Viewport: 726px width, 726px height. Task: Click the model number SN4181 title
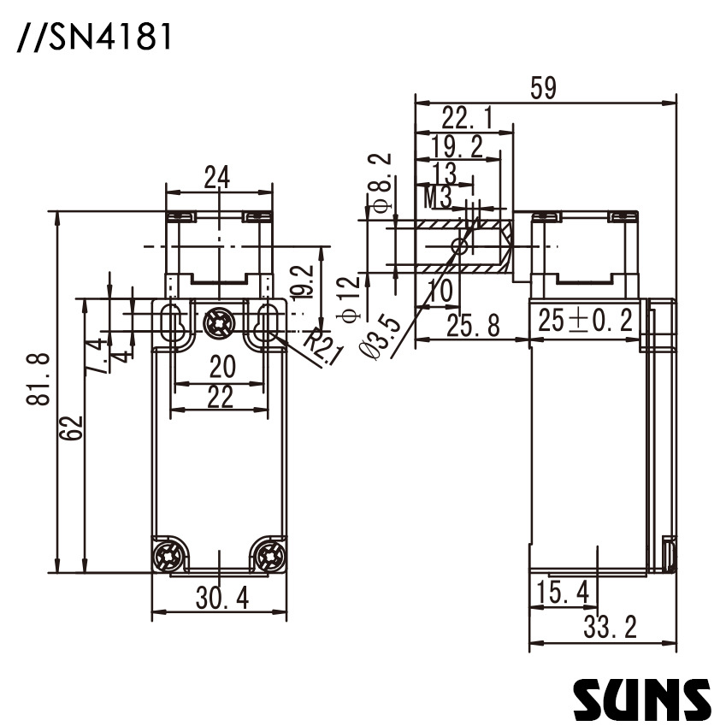click(x=94, y=38)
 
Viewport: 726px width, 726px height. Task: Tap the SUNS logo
click(x=641, y=699)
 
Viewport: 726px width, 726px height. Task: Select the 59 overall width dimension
click(x=544, y=88)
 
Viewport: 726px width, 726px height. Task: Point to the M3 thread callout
click(x=438, y=198)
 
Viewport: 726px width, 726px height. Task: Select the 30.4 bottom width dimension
click(x=221, y=599)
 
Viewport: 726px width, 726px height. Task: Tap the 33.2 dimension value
click(x=610, y=628)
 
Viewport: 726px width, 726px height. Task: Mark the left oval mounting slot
click(x=169, y=322)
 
